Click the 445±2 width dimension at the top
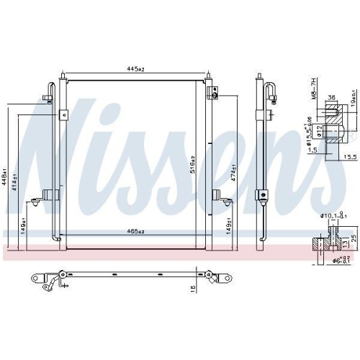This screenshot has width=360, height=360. coord(135,70)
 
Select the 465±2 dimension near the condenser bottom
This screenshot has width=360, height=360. coord(135,231)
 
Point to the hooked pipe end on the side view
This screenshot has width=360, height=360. coord(273,91)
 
